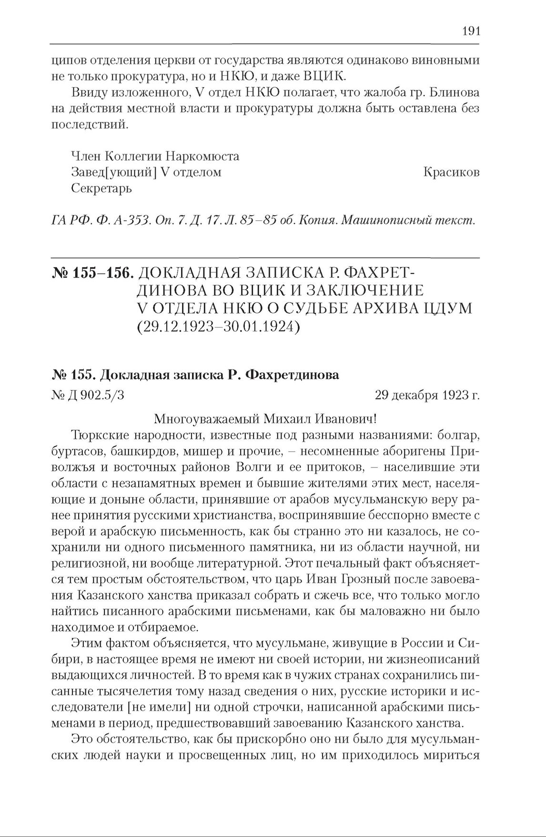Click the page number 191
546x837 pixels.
click(x=471, y=31)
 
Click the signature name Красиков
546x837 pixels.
click(x=451, y=172)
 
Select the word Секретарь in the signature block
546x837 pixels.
click(x=101, y=189)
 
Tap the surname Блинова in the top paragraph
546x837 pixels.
click(x=454, y=92)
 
